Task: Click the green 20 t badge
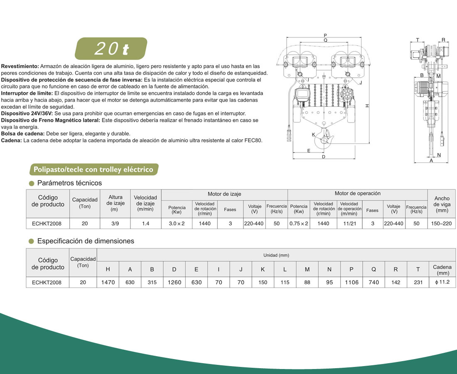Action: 111,49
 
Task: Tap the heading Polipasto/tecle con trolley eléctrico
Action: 93,169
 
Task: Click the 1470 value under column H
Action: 108,282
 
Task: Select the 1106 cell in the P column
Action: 351,282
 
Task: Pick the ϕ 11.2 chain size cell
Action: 442,282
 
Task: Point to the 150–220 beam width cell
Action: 441,223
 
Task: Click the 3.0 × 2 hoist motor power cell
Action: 177,223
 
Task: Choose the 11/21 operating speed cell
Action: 349,223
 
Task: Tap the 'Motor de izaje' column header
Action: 224,194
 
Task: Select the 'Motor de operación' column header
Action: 357,194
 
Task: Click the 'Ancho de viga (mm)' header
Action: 441,204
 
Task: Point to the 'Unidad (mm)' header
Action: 276,255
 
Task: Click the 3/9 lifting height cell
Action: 115,223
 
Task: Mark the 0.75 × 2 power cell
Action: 299,223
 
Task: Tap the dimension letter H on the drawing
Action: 367,106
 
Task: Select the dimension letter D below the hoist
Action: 323,156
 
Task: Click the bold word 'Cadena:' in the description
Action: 12,140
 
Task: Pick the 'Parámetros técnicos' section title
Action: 69,183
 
